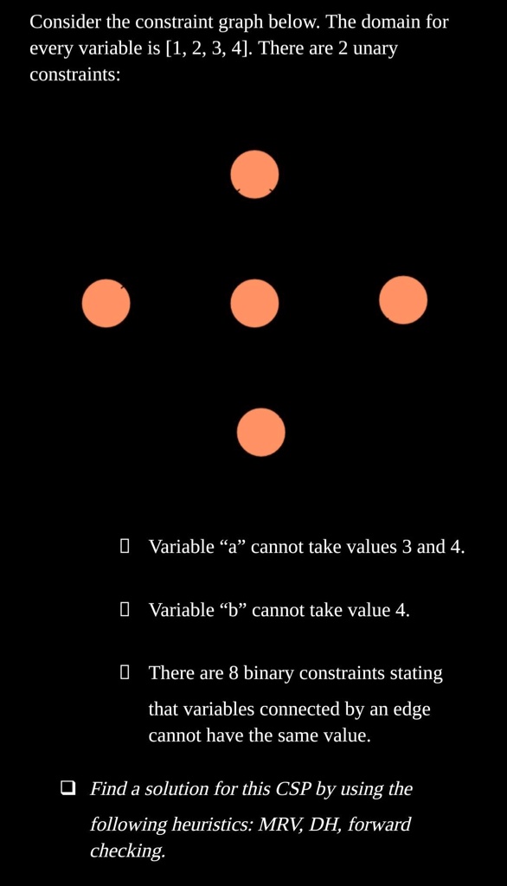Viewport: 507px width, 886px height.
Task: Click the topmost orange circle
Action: [x=254, y=174]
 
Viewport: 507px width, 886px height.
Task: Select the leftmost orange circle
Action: [x=106, y=304]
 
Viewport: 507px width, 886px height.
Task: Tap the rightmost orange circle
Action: [x=403, y=300]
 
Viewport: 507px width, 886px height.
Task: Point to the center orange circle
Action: [x=254, y=304]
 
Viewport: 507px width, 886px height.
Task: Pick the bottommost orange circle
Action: [x=260, y=433]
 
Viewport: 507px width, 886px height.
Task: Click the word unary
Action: [x=375, y=49]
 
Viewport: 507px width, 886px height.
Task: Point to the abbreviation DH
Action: [x=325, y=825]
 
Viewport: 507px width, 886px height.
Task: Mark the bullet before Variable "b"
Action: [x=125, y=609]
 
